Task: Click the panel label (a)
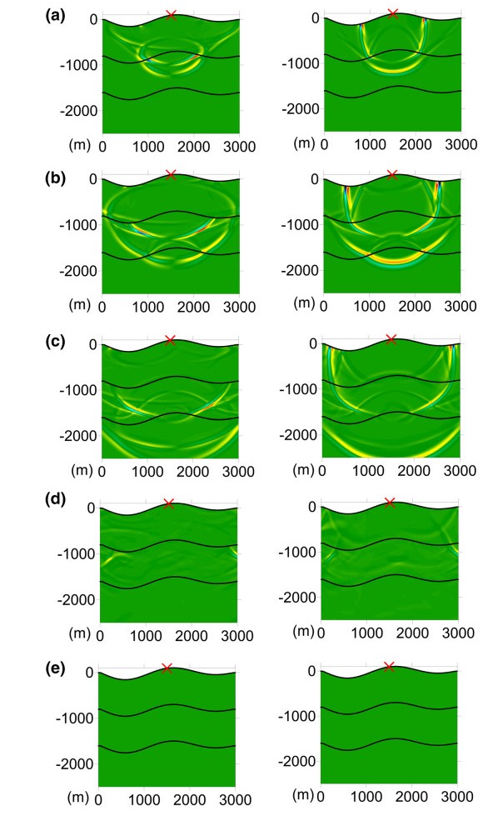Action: tap(22, 14)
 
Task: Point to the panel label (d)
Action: tap(22, 505)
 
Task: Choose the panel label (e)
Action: tap(22, 668)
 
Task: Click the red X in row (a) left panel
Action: tap(171, 14)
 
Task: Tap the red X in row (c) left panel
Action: tap(170, 340)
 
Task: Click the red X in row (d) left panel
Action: tap(168, 503)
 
